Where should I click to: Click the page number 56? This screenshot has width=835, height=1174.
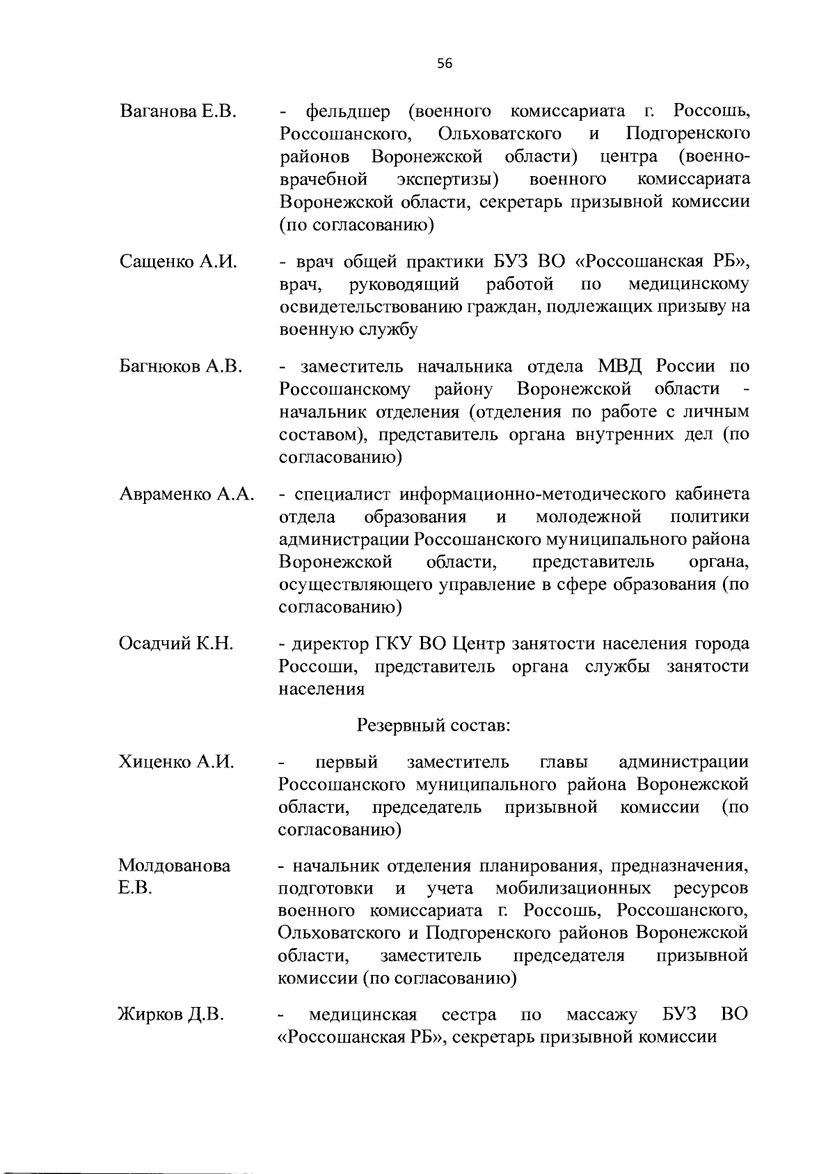tap(445, 64)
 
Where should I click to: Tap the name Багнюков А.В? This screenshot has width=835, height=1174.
tap(181, 366)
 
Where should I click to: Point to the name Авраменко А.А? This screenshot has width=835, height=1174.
tap(187, 494)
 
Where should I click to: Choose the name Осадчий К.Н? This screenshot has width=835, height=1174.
tap(175, 644)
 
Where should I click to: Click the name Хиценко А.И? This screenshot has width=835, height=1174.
tap(175, 762)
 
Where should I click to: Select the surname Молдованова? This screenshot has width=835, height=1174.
tap(175, 866)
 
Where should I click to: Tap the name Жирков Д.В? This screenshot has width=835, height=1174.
tap(171, 1014)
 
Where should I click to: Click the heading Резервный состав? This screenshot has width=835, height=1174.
tap(434, 725)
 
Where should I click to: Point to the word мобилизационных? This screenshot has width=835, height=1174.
tap(573, 888)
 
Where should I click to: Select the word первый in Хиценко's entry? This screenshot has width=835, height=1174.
tap(346, 762)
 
